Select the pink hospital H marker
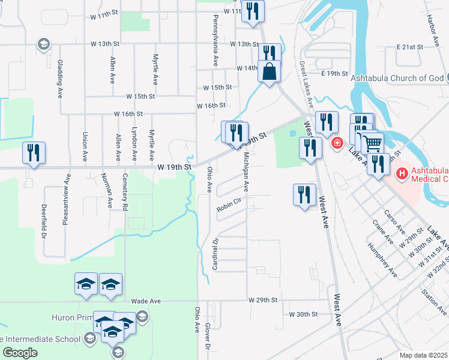[x=402, y=174]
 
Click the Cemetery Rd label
[x=125, y=198]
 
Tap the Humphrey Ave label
[x=383, y=263]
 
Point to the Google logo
[x=20, y=353]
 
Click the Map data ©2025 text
[x=423, y=355]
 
